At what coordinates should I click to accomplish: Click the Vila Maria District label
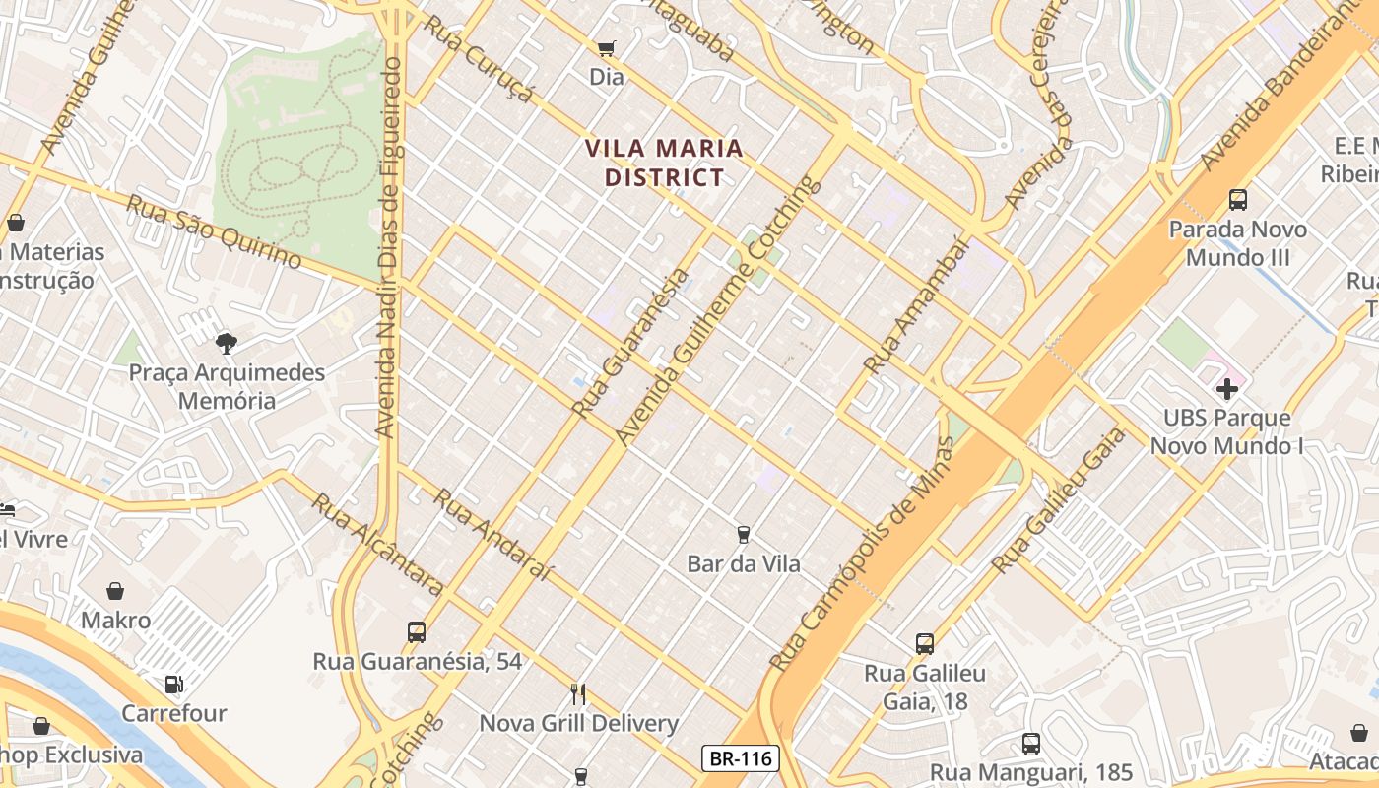663,163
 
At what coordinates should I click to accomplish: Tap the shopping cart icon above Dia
606,48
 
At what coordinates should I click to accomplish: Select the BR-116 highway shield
741,758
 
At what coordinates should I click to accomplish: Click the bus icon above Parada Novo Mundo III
1238,200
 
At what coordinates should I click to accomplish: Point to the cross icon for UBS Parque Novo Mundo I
1226,389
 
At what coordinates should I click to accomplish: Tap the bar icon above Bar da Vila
744,535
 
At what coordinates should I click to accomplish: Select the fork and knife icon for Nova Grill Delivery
578,694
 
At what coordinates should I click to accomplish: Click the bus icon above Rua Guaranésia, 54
417,631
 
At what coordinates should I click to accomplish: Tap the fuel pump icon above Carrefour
174,684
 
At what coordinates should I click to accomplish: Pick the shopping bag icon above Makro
115,591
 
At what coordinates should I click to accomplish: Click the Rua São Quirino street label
214,231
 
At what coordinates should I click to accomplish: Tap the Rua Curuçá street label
479,59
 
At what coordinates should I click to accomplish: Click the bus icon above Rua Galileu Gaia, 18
924,644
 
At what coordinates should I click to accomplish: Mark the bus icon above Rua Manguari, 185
1031,744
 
